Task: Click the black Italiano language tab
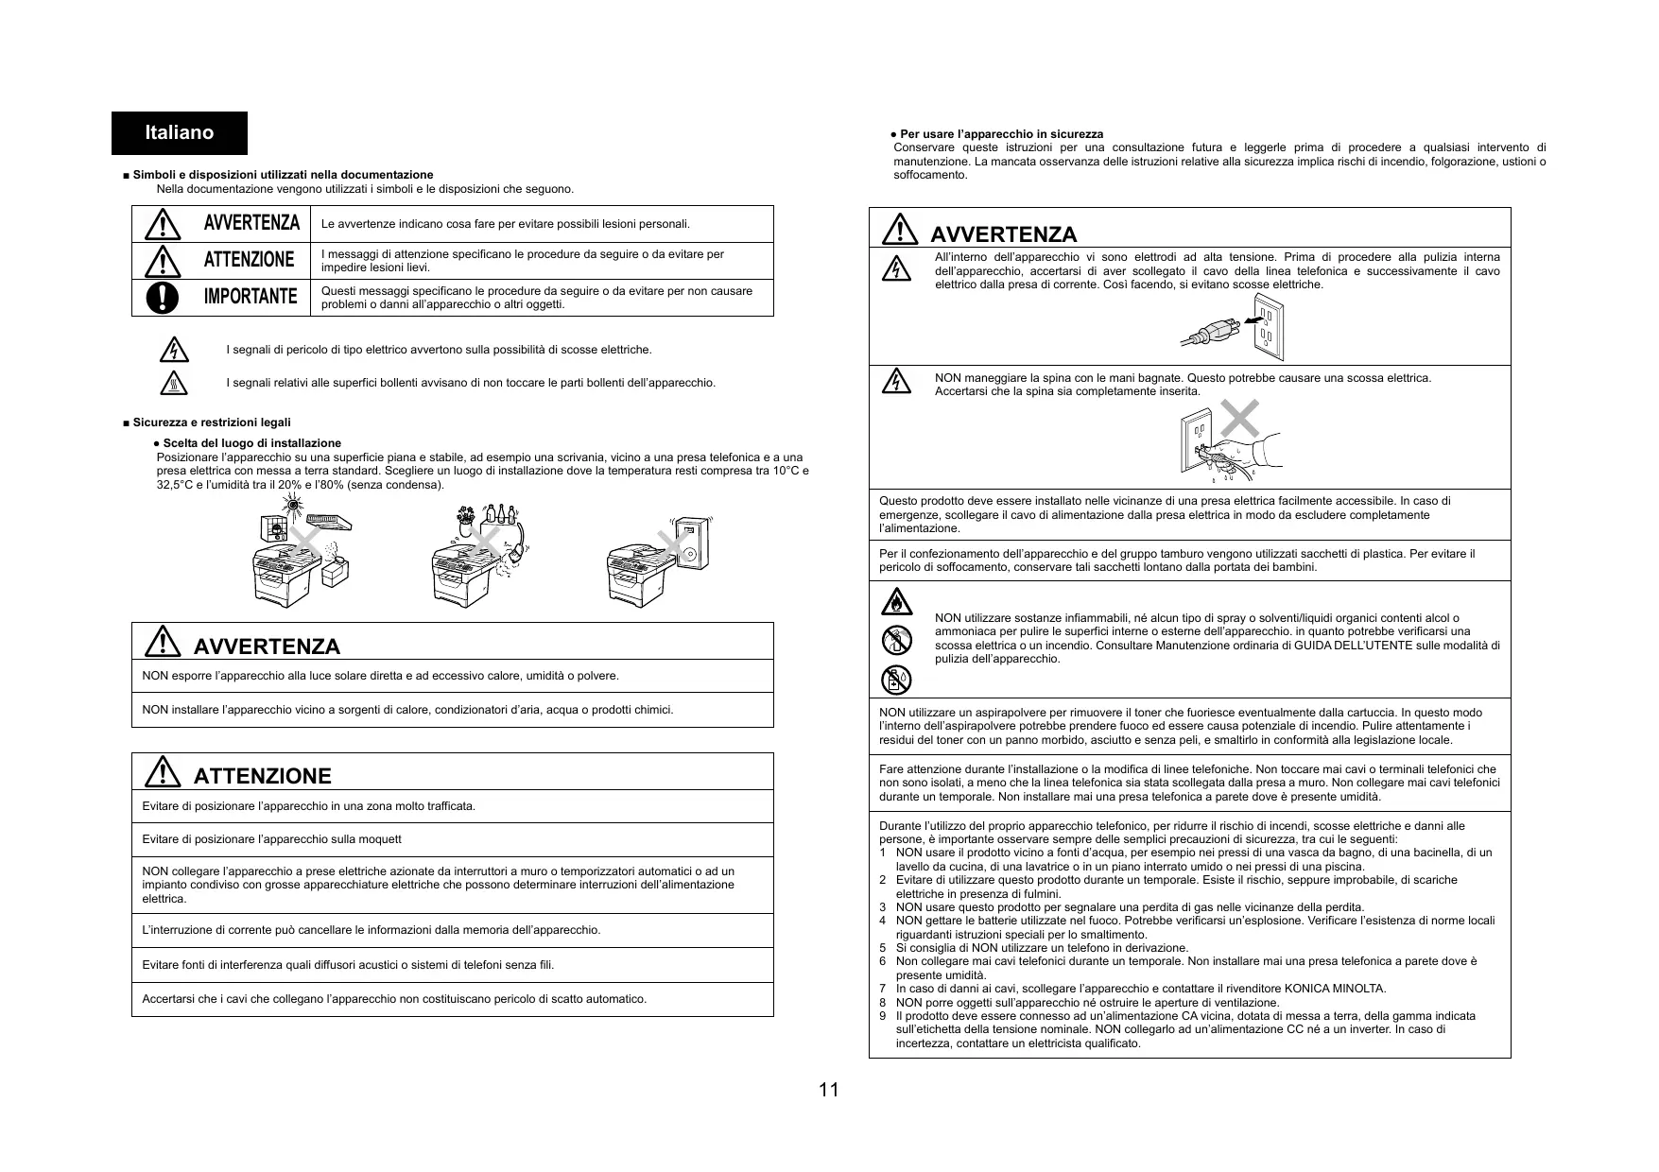pos(179,132)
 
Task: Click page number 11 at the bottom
pos(828,1090)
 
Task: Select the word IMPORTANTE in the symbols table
pos(251,297)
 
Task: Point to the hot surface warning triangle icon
pos(174,383)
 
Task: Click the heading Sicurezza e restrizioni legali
pos(212,422)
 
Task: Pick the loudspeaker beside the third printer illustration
pos(694,543)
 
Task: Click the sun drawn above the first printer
pos(294,507)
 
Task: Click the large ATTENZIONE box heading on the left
pos(262,776)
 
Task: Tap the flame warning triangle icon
pos(895,602)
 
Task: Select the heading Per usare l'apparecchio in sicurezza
pos(1001,134)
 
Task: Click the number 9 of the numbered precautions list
pos(883,1016)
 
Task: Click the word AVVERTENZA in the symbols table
pos(251,223)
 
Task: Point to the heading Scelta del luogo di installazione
pos(251,443)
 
